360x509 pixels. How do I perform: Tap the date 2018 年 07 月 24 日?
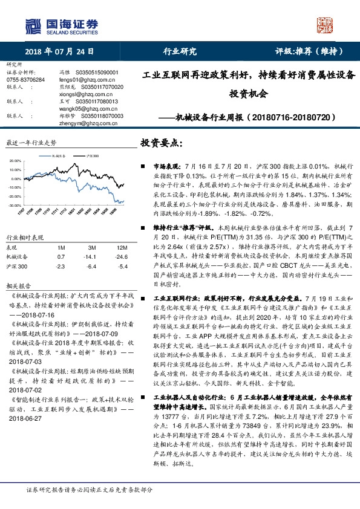61,52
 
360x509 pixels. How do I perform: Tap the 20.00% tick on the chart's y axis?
16,161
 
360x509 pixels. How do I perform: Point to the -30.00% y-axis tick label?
16,206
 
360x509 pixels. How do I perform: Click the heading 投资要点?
161,143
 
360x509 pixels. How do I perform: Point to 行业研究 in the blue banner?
180,52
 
